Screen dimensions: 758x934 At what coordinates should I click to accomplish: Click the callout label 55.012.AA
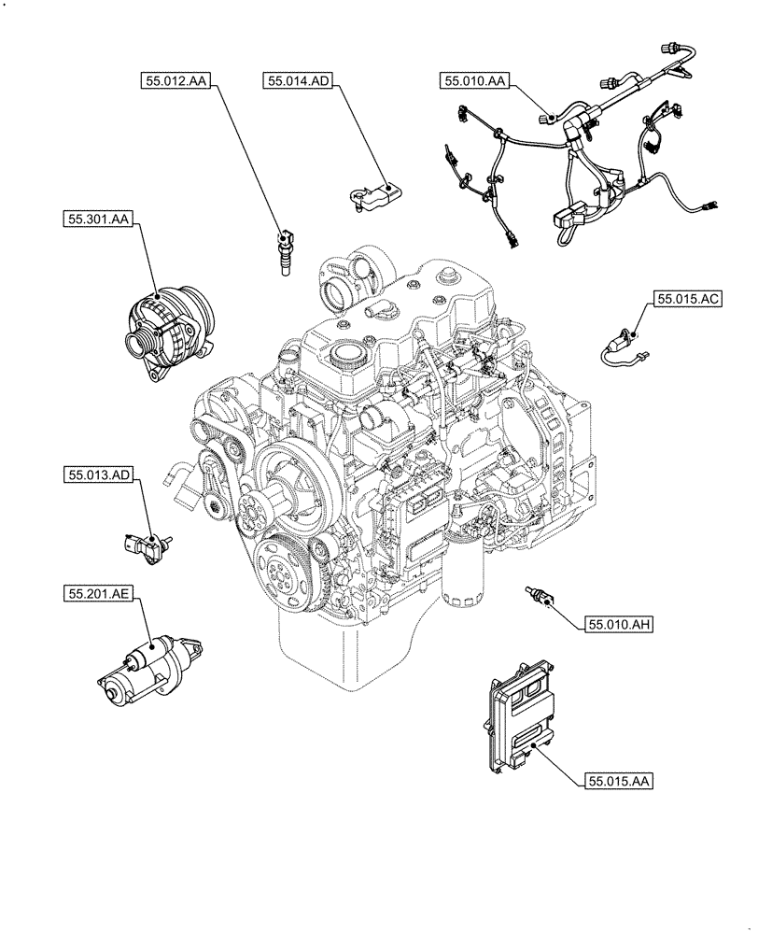tap(177, 82)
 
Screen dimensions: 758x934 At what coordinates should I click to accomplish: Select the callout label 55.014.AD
tap(297, 82)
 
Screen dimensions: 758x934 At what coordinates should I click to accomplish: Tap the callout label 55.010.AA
tap(475, 82)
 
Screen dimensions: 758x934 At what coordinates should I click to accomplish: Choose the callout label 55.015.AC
tap(689, 300)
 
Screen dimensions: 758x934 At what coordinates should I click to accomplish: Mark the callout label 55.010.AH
tap(618, 625)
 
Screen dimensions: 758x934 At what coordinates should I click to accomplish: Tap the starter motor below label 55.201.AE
tap(149, 667)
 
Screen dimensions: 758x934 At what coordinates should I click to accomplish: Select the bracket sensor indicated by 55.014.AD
tap(372, 193)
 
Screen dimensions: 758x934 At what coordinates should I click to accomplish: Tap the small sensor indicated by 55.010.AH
tap(540, 595)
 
